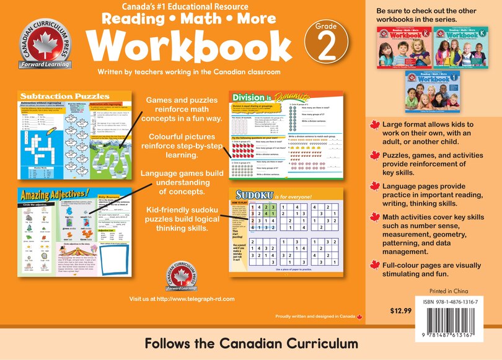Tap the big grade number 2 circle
(x=327, y=46)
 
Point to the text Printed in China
(x=449, y=291)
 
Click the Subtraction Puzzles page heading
(x=58, y=97)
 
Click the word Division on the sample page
(x=248, y=97)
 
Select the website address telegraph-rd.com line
(x=182, y=299)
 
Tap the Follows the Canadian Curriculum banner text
(x=251, y=343)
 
